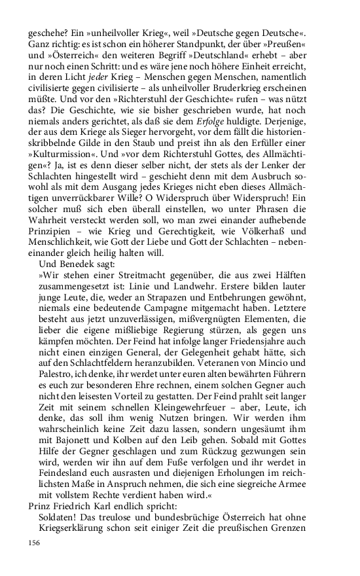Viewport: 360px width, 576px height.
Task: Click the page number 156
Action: (x=34, y=543)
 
